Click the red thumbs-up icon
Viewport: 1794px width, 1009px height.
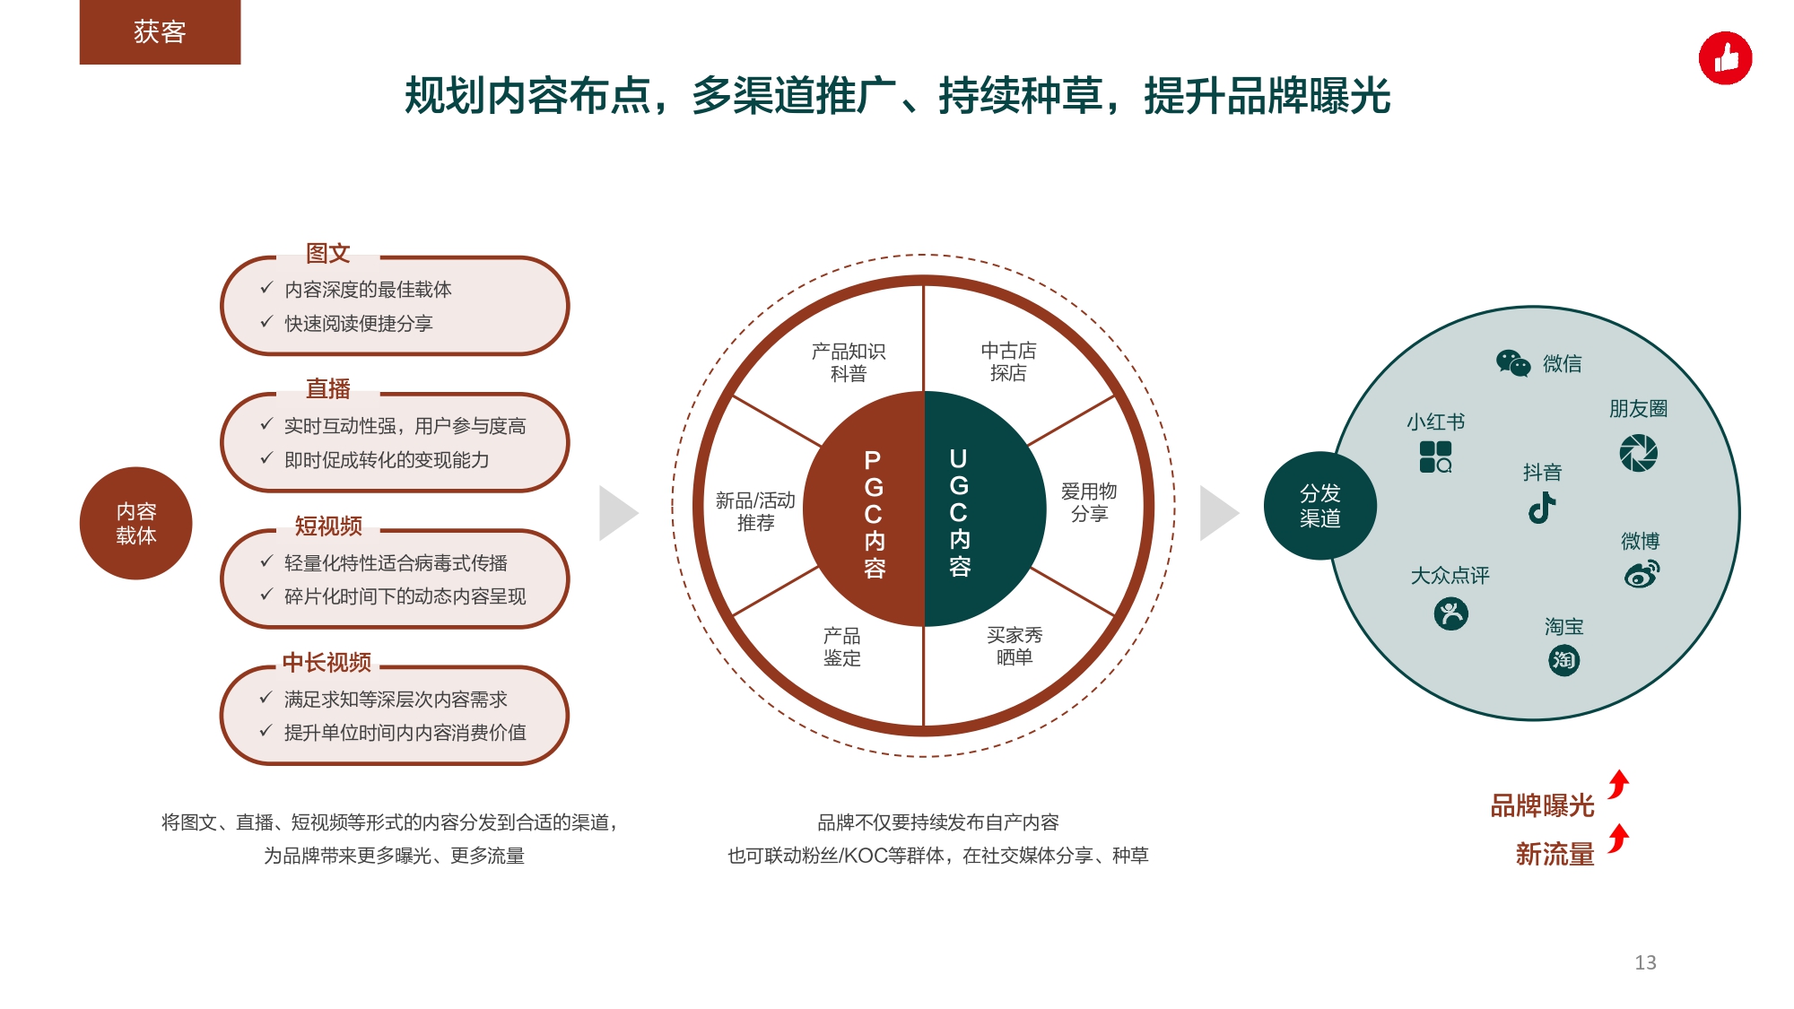click(1725, 58)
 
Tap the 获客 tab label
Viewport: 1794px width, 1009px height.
click(160, 32)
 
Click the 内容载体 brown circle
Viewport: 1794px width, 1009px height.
click(136, 523)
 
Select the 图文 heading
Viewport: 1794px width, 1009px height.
click(327, 253)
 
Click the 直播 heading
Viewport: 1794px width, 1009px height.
click(327, 388)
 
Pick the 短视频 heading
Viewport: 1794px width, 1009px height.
click(328, 526)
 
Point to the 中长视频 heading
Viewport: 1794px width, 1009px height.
click(327, 662)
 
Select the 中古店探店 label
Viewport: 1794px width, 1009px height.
click(1008, 361)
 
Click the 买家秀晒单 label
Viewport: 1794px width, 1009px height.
click(1015, 646)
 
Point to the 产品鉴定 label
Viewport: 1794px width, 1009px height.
click(842, 647)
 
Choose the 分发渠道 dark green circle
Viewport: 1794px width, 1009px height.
click(1319, 506)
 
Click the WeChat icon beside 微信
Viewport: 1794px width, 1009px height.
click(1513, 363)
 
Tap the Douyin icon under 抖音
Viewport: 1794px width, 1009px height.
click(1542, 508)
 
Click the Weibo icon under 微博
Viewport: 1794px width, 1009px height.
click(1642, 574)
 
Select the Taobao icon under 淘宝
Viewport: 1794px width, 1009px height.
click(1563, 660)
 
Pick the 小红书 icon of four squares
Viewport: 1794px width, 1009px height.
click(1435, 457)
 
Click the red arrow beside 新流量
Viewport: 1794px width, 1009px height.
click(1618, 839)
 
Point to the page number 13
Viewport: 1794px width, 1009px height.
click(1645, 962)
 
